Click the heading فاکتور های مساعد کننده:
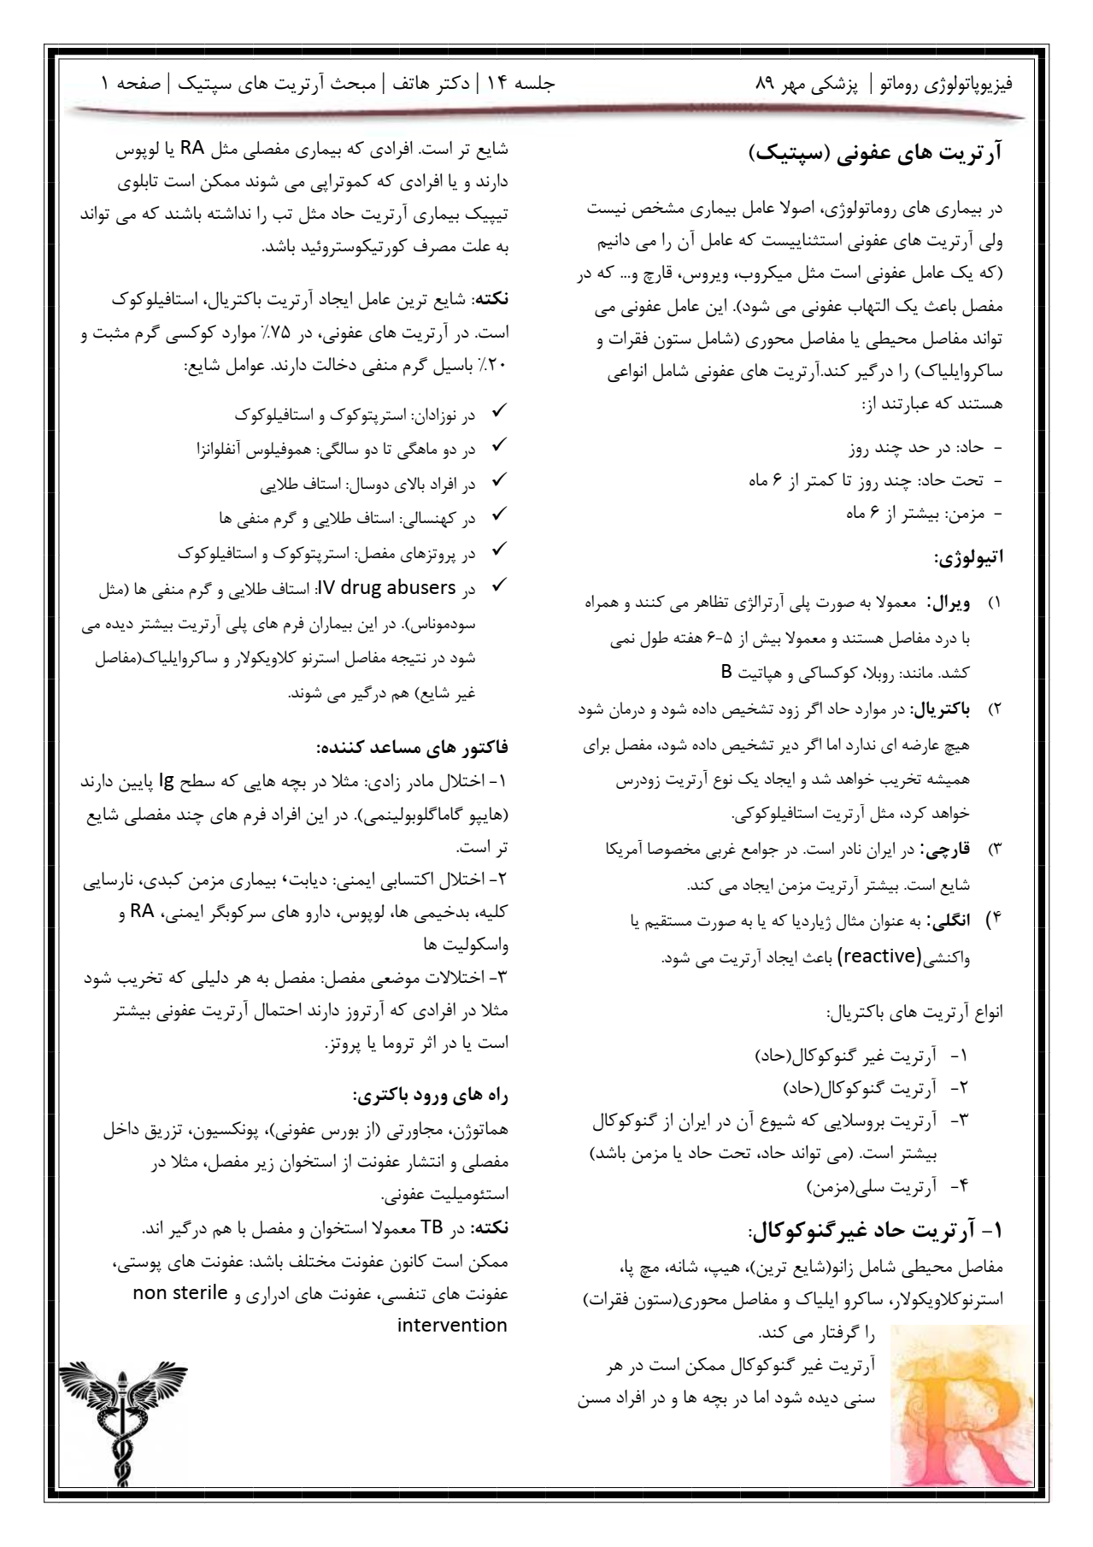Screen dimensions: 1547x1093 point(413,748)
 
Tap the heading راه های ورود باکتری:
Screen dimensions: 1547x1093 point(431,1095)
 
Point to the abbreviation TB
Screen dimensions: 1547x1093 point(433,1228)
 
